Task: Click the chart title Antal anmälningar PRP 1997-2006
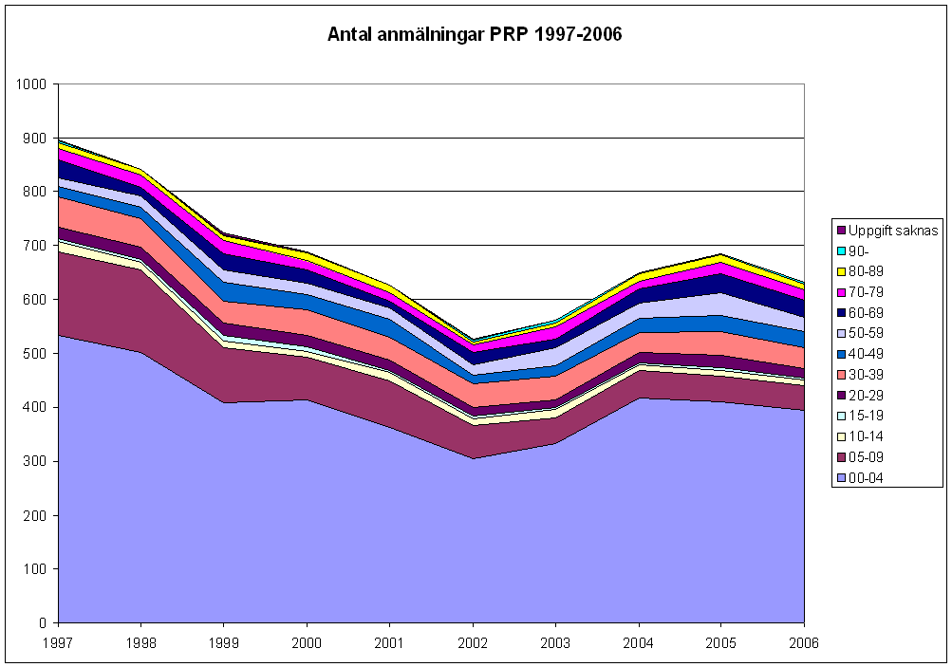(x=475, y=35)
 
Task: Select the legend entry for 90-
(x=858, y=250)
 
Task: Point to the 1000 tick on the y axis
(x=31, y=84)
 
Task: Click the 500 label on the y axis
(x=35, y=354)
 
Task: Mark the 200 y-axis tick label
(x=35, y=515)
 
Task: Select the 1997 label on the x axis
(x=58, y=641)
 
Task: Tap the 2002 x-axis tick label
(x=473, y=641)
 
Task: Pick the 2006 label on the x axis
(x=804, y=641)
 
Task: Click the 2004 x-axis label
(x=639, y=641)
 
